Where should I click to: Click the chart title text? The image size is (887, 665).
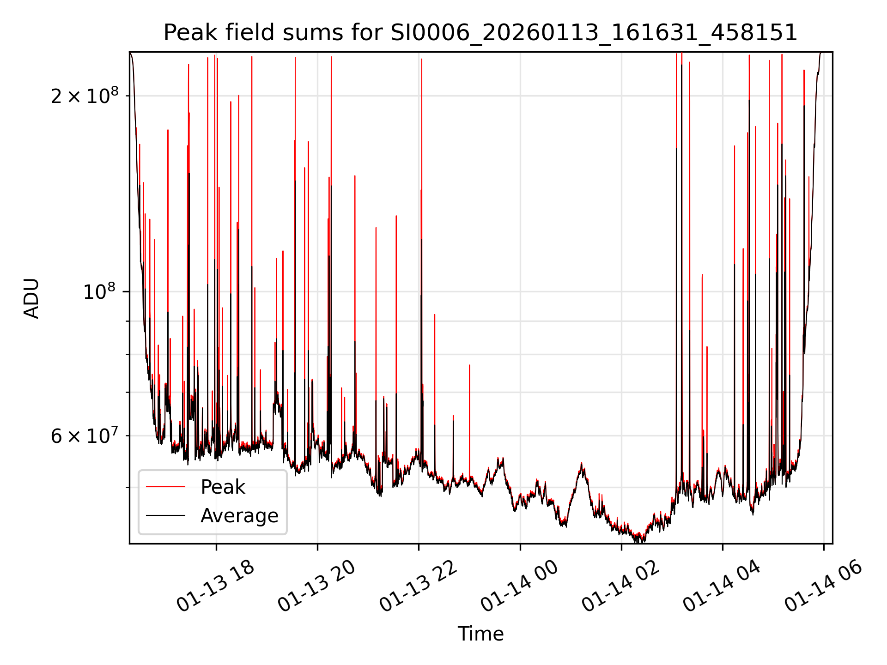pyautogui.click(x=480, y=33)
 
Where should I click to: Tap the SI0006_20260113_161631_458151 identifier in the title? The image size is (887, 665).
pyautogui.click(x=594, y=33)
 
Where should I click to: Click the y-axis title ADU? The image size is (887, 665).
pyautogui.click(x=31, y=298)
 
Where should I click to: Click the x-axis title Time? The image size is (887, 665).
pyautogui.click(x=480, y=634)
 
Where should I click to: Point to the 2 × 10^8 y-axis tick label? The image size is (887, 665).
pyautogui.click(x=84, y=96)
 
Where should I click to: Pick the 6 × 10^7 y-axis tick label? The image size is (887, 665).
pyautogui.click(x=84, y=435)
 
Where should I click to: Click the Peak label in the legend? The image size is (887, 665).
pyautogui.click(x=223, y=487)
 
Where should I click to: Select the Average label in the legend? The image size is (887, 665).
pyautogui.click(x=239, y=515)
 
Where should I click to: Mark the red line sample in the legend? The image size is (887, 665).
pyautogui.click(x=165, y=487)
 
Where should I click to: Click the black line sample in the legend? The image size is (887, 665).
pyautogui.click(x=165, y=515)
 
